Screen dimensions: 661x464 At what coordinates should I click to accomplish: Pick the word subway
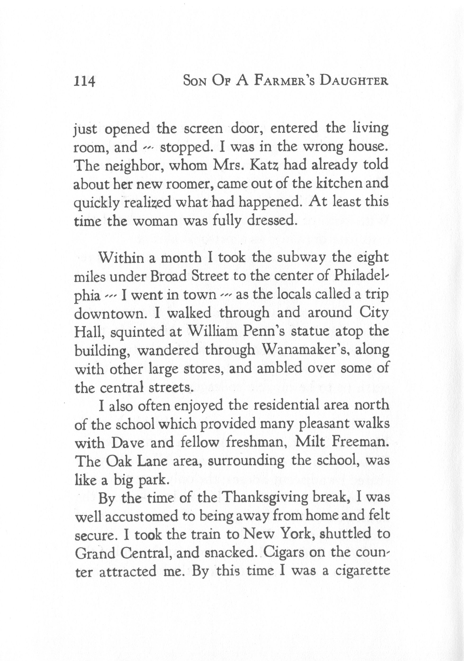click(x=301, y=257)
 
